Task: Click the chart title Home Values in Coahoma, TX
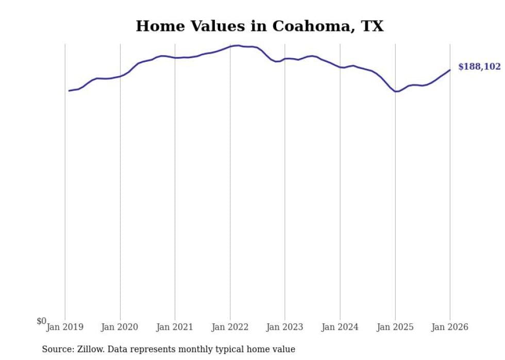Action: click(259, 26)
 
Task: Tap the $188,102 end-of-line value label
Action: click(479, 67)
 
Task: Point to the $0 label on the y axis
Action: click(41, 321)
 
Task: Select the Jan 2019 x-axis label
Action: click(65, 327)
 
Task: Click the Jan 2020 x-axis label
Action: click(120, 327)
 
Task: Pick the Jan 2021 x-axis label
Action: click(175, 327)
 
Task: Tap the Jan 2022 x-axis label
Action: click(230, 327)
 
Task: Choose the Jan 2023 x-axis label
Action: click(285, 327)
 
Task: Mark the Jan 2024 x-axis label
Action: click(340, 327)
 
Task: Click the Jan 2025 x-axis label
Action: click(395, 327)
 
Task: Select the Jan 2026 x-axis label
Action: click(450, 327)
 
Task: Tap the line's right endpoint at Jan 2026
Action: click(450, 70)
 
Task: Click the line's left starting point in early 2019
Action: click(69, 91)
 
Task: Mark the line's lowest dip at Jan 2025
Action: click(396, 91)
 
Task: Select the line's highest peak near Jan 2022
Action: click(237, 45)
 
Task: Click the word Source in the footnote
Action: click(57, 349)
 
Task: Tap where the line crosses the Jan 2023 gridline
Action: click(285, 59)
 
